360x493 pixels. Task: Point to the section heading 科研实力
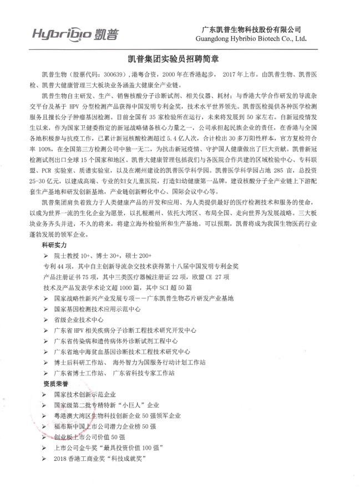click(x=55, y=244)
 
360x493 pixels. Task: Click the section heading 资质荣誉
click(x=55, y=383)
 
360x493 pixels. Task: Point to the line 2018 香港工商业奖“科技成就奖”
click(x=99, y=459)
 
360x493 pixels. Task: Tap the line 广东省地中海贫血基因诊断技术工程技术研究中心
click(x=122, y=352)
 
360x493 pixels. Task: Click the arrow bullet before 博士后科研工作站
click(x=45, y=362)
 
